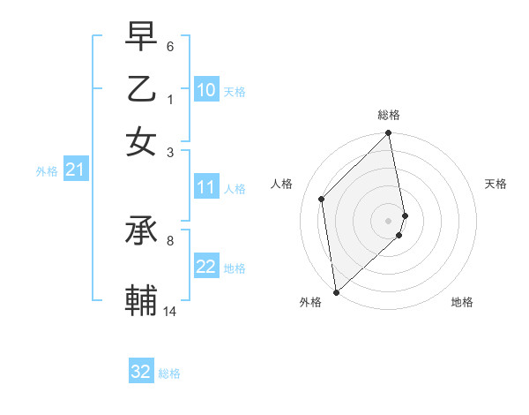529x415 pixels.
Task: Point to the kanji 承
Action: point(141,232)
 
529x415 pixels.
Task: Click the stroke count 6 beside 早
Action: point(170,46)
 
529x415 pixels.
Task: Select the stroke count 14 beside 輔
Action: point(170,311)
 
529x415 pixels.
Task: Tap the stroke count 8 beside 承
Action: point(170,239)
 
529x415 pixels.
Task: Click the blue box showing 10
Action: point(206,89)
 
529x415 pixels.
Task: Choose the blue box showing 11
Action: point(206,187)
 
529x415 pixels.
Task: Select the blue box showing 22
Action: point(206,267)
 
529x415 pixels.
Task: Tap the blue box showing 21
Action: point(75,170)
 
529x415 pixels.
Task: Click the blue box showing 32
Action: point(141,372)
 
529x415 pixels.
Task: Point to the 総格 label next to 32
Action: point(169,373)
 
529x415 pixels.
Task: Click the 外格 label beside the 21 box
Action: point(47,171)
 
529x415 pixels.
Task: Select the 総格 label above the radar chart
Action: point(389,115)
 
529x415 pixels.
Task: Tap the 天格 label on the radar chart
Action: point(495,184)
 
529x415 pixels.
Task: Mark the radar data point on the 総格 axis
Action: point(389,134)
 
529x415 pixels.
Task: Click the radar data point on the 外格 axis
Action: point(336,291)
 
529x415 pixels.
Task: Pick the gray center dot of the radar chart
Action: point(389,220)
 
